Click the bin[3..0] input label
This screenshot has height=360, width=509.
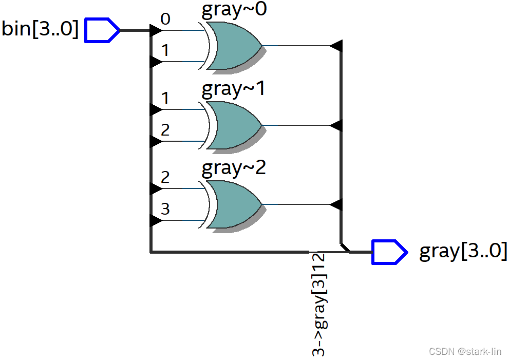(x=40, y=29)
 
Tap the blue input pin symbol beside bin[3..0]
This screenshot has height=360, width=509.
(x=102, y=30)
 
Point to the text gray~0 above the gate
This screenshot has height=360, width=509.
(x=234, y=10)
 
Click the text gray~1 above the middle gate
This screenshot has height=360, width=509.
(x=234, y=89)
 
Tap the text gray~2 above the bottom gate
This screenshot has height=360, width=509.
(x=234, y=168)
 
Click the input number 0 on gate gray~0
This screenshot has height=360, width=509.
(x=165, y=20)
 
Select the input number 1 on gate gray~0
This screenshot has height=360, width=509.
(x=165, y=51)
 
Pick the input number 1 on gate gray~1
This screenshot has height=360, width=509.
(x=165, y=98)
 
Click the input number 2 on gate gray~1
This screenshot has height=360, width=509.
(x=165, y=130)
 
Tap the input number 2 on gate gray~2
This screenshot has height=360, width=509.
(x=165, y=178)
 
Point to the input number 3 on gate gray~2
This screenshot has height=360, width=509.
(x=165, y=210)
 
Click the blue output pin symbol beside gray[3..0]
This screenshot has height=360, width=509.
(x=389, y=252)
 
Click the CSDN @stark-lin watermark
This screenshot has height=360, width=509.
(x=465, y=351)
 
